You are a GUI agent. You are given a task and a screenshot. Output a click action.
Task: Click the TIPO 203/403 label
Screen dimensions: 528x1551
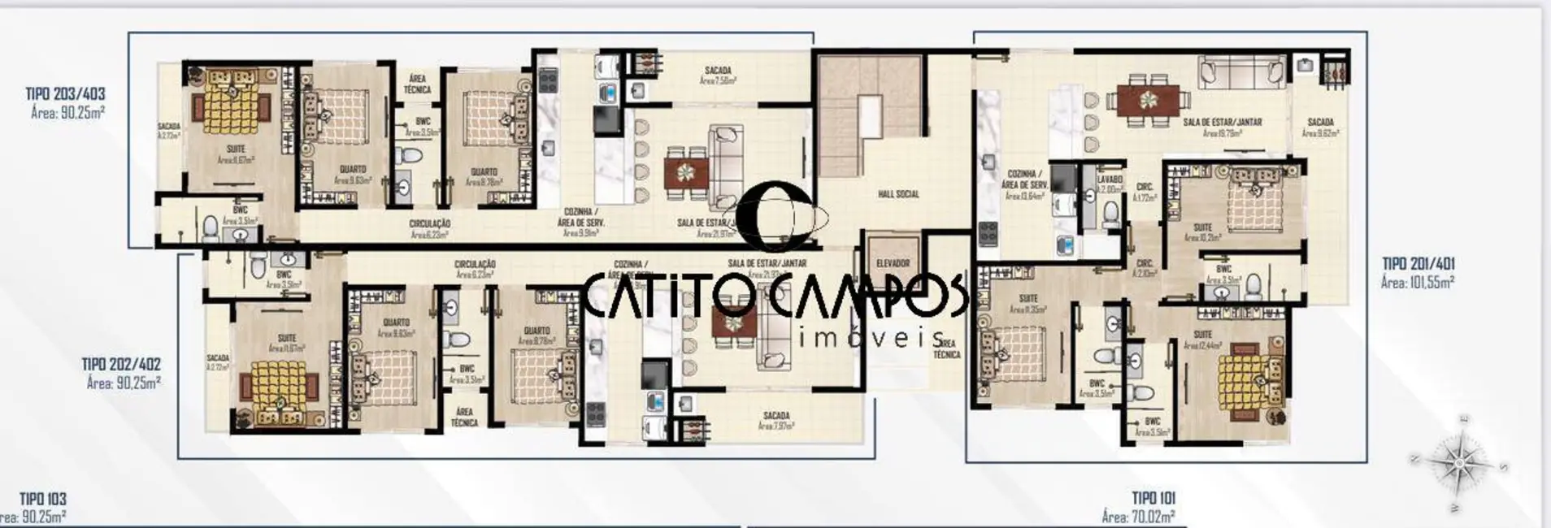pos(65,94)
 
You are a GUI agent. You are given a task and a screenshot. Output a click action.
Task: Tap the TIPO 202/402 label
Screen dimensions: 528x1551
pos(121,365)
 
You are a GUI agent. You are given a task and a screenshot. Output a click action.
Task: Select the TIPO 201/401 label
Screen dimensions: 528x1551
pos(1418,264)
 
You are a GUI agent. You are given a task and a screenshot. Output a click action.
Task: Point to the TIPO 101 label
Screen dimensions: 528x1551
pos(1153,498)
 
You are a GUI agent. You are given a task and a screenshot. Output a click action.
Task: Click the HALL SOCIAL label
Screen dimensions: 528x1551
pos(898,194)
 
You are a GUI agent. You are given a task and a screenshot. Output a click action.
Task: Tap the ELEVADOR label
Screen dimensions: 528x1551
pos(893,263)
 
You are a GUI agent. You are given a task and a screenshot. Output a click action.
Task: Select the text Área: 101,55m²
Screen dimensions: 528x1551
pos(1417,283)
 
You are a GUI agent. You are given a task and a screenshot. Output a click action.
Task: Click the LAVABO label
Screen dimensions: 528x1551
pos(1109,179)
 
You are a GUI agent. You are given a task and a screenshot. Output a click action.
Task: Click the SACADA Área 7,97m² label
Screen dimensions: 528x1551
pos(776,421)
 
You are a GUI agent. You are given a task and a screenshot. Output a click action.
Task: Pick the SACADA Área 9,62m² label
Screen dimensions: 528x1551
pos(1320,128)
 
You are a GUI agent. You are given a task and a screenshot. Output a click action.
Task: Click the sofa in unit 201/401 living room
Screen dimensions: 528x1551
pos(1240,72)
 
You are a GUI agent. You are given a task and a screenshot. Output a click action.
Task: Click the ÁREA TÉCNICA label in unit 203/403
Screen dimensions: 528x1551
pos(417,84)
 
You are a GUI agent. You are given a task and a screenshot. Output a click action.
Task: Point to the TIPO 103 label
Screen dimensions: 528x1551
pos(43,499)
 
